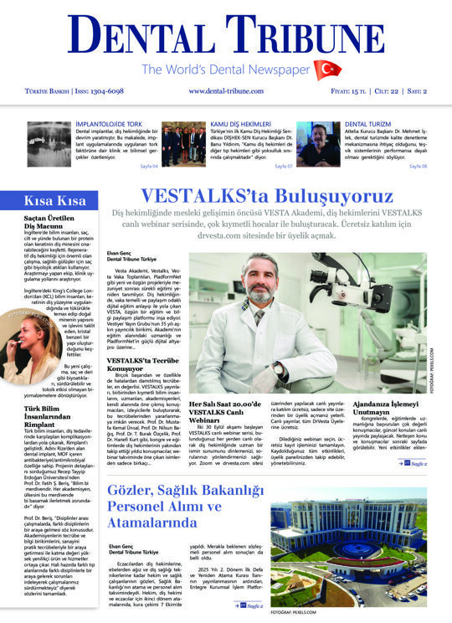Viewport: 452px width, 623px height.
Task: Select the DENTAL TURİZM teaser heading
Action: click(369, 124)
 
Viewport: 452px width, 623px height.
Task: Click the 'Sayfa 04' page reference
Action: click(147, 166)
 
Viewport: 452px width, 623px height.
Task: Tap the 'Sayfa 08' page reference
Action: click(419, 166)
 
